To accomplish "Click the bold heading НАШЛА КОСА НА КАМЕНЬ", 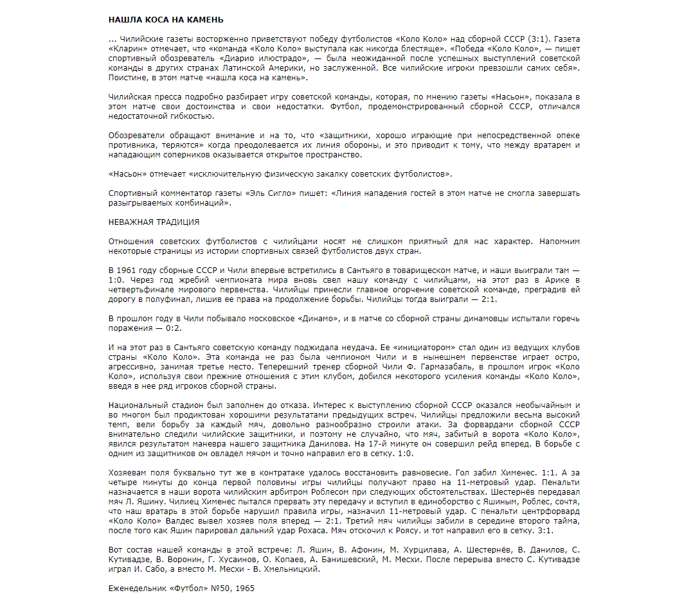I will [x=166, y=21].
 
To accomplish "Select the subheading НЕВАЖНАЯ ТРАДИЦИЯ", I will [x=154, y=222].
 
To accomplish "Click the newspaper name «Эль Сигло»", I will [x=267, y=193].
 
